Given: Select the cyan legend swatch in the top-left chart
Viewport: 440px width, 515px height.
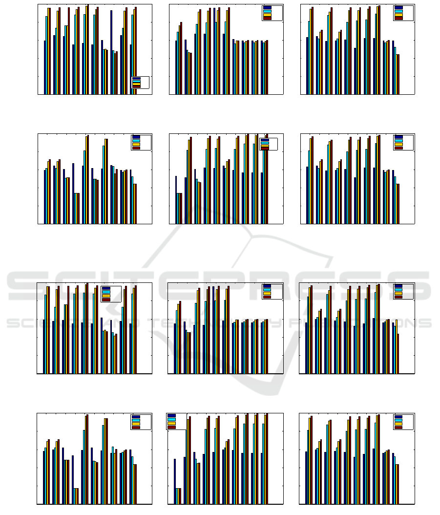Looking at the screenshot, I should pos(136,81).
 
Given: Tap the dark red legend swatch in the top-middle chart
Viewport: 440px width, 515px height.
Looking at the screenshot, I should pos(267,18).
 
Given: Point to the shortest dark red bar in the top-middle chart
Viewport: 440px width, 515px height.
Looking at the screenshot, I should pos(190,73).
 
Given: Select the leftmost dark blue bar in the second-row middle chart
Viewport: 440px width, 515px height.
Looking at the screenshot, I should pos(176,200).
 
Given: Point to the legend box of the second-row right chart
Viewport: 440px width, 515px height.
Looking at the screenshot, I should pos(403,142).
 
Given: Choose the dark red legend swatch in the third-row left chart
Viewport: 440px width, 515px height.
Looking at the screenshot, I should pos(106,299).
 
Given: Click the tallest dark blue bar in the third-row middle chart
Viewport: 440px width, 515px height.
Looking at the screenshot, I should pos(213,330).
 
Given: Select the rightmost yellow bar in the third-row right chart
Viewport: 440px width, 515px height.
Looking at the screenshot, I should pos(397,346).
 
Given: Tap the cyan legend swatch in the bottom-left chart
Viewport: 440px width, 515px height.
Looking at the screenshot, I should pos(135,420).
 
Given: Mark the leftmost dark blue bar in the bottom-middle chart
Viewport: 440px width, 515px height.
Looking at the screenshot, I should pos(175,481).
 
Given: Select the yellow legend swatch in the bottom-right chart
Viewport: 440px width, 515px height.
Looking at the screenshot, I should pos(398,424).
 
